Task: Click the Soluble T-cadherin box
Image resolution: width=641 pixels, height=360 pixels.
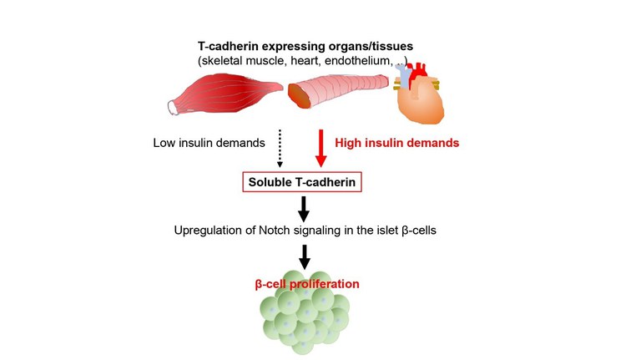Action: (301, 181)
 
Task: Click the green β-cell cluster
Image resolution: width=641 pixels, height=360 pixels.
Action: (305, 317)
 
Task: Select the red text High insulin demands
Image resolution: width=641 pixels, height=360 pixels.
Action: (397, 143)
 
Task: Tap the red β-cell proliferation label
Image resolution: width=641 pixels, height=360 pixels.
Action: (307, 284)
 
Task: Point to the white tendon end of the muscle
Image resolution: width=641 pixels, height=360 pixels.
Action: (174, 106)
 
